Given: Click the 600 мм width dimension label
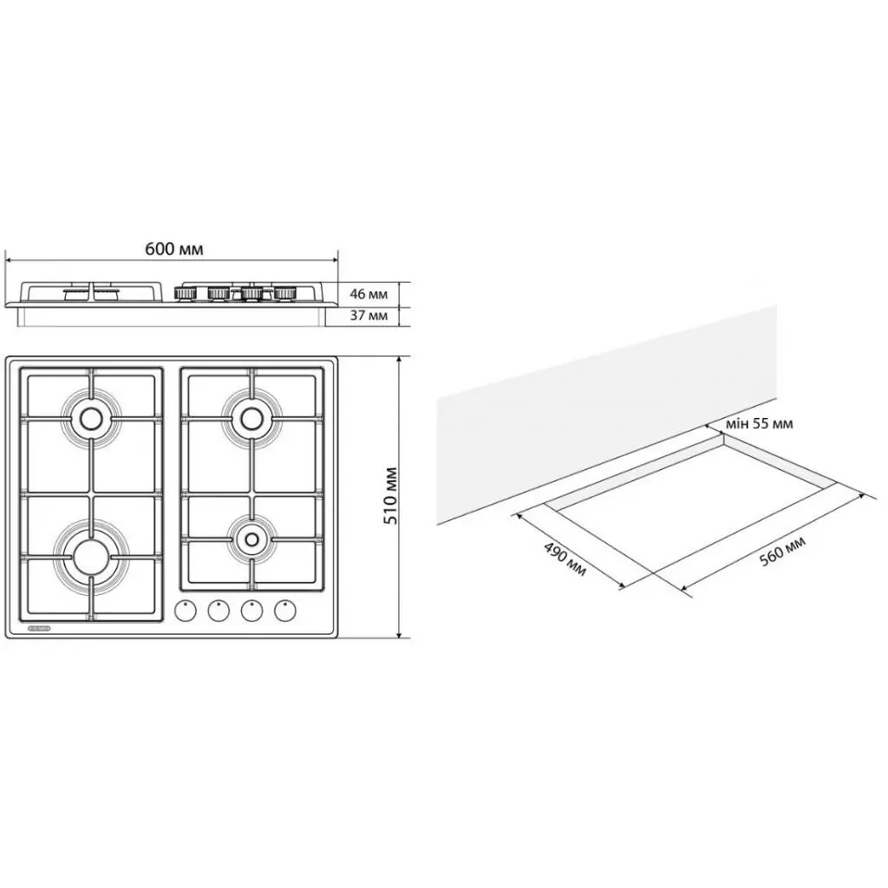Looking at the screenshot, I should [173, 249].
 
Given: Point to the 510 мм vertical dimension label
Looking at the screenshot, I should [389, 496].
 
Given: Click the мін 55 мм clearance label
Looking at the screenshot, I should [761, 424].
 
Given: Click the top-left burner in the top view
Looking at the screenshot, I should [89, 420].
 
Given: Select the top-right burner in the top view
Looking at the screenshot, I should [251, 419].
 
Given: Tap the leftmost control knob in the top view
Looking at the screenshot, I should [186, 610].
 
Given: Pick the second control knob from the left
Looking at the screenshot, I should [219, 610].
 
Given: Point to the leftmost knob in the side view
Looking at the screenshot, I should [185, 294].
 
